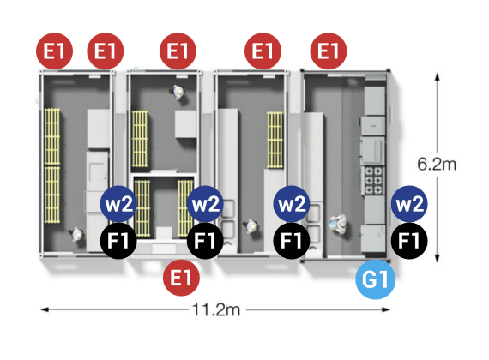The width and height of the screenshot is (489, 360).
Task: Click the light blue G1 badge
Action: [x=376, y=279]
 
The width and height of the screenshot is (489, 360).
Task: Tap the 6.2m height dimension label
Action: [x=437, y=164]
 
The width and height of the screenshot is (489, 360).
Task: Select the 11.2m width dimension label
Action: [x=216, y=309]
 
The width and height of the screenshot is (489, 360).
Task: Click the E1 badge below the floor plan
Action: [x=181, y=278]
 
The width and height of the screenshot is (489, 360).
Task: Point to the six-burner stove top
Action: [x=373, y=180]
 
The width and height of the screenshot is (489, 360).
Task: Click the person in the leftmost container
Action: [x=76, y=234]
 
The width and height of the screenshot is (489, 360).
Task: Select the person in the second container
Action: [x=178, y=92]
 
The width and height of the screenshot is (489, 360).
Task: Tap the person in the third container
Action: [x=251, y=226]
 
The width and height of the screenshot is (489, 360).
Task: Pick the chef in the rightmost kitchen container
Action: [x=338, y=223]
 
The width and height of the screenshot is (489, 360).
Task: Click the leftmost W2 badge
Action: [x=118, y=204]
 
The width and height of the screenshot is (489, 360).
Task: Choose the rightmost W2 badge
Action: [x=409, y=204]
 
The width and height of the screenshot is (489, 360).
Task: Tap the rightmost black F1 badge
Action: [x=409, y=241]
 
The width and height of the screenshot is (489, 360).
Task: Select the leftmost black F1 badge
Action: [x=118, y=241]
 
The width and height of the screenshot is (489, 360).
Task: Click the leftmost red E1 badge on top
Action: [x=55, y=51]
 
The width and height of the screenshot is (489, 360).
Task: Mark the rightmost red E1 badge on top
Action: [x=329, y=51]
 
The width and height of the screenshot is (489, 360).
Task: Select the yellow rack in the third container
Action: [x=275, y=140]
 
